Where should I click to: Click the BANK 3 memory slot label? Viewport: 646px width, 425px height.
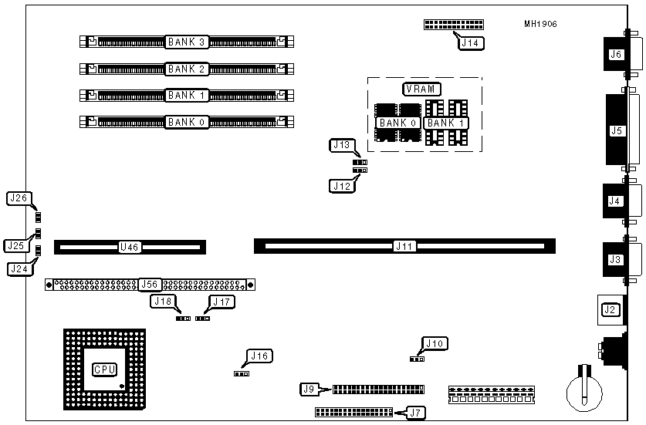coord(186,42)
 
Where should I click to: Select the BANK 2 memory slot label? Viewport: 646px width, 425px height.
coord(186,69)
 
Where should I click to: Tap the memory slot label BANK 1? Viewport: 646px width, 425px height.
coord(186,95)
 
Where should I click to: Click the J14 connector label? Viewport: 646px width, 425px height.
coord(471,43)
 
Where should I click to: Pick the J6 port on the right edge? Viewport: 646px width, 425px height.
coord(615,54)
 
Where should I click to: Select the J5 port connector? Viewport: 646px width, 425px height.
coord(616,130)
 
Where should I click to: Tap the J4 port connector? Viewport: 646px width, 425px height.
coord(614,201)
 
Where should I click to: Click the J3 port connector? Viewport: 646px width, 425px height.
coord(615,259)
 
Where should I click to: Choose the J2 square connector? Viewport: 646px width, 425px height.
coord(610,309)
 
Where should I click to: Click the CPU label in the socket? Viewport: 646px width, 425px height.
coord(104,369)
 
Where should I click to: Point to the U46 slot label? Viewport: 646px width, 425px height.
coord(129,248)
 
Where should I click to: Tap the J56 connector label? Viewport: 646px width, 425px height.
coord(150,284)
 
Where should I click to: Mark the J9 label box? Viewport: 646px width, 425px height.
coord(309,390)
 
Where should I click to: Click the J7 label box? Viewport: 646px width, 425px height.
coord(416,413)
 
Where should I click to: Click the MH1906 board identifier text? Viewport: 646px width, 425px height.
coord(540,24)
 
